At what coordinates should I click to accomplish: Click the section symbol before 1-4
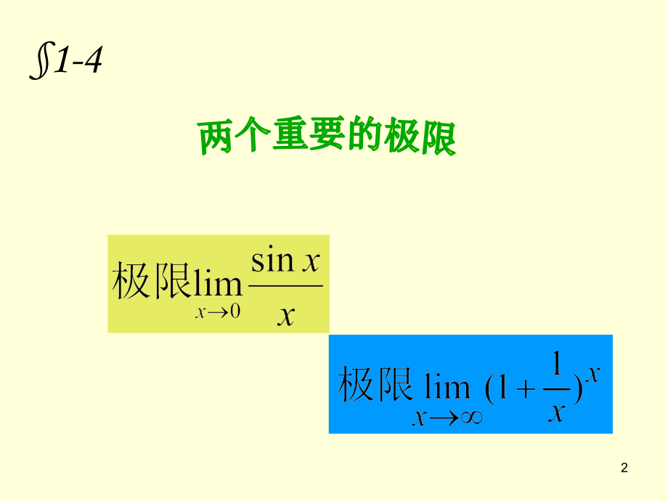43,60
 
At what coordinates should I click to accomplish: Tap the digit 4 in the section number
93,60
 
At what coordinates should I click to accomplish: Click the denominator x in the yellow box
286,316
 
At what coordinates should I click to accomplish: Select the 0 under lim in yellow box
235,311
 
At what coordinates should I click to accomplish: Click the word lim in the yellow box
217,280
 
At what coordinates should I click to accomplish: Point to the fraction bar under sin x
285,286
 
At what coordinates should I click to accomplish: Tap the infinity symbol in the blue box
472,417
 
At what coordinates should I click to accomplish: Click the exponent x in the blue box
592,374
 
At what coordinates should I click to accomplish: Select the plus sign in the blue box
526,389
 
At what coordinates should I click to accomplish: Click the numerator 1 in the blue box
556,363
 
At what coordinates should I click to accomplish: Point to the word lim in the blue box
447,387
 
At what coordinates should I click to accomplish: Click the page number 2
624,468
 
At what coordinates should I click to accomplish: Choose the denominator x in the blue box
557,412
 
